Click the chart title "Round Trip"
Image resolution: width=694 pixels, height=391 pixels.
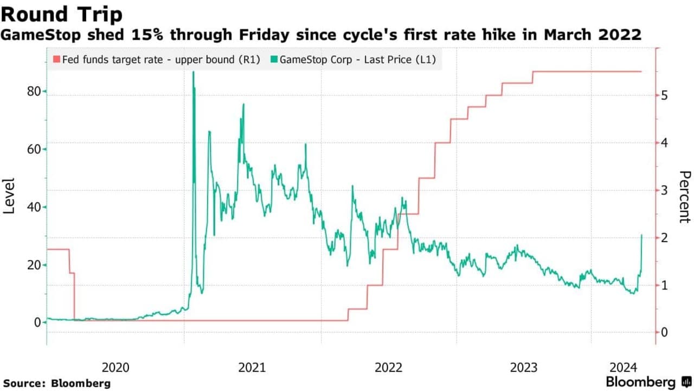tap(61, 14)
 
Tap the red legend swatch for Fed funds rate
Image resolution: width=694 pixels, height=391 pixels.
tap(56, 59)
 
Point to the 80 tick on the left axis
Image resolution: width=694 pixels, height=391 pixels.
tap(34, 92)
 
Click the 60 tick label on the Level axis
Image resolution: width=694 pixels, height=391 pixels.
tap(34, 149)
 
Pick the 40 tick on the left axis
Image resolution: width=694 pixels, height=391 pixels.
tap(34, 207)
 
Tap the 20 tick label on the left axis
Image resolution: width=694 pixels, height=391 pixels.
tap(34, 264)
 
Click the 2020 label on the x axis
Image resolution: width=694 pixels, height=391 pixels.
tap(115, 368)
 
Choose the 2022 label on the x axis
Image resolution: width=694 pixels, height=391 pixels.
tap(388, 368)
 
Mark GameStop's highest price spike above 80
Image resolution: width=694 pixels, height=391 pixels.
tap(194, 72)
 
